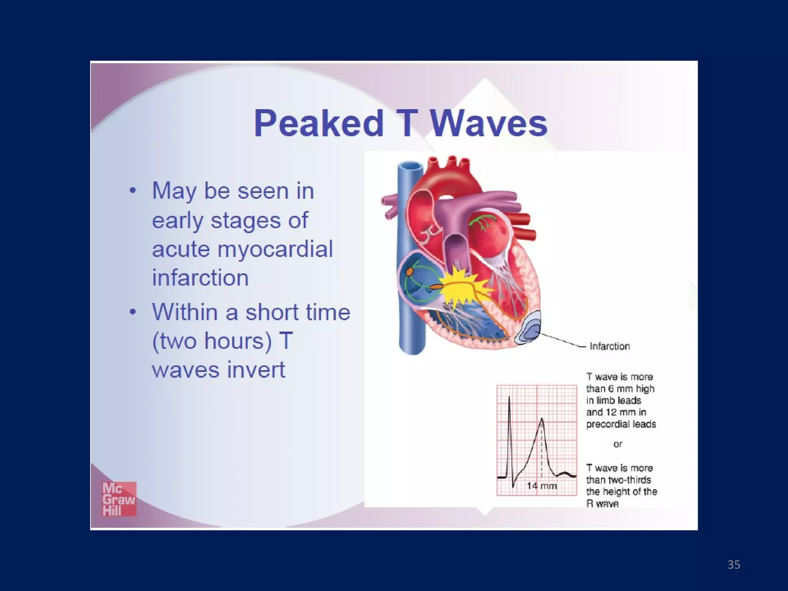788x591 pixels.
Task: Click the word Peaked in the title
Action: tap(319, 124)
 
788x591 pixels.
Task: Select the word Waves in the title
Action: tap(489, 124)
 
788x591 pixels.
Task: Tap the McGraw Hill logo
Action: tap(119, 499)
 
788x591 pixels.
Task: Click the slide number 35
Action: tap(734, 564)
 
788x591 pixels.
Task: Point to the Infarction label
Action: tap(609, 346)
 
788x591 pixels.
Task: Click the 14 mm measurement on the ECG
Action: tap(541, 486)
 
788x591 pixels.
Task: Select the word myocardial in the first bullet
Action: tap(275, 249)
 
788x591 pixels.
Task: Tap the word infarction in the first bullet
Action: tap(200, 278)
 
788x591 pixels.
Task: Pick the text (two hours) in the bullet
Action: tap(212, 341)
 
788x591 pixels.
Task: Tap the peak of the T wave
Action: tap(542, 419)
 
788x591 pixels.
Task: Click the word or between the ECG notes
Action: tap(618, 444)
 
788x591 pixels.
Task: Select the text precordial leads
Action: tap(621, 424)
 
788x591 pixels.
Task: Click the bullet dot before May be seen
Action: tap(133, 191)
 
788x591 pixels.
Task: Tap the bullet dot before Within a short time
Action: tap(133, 312)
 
